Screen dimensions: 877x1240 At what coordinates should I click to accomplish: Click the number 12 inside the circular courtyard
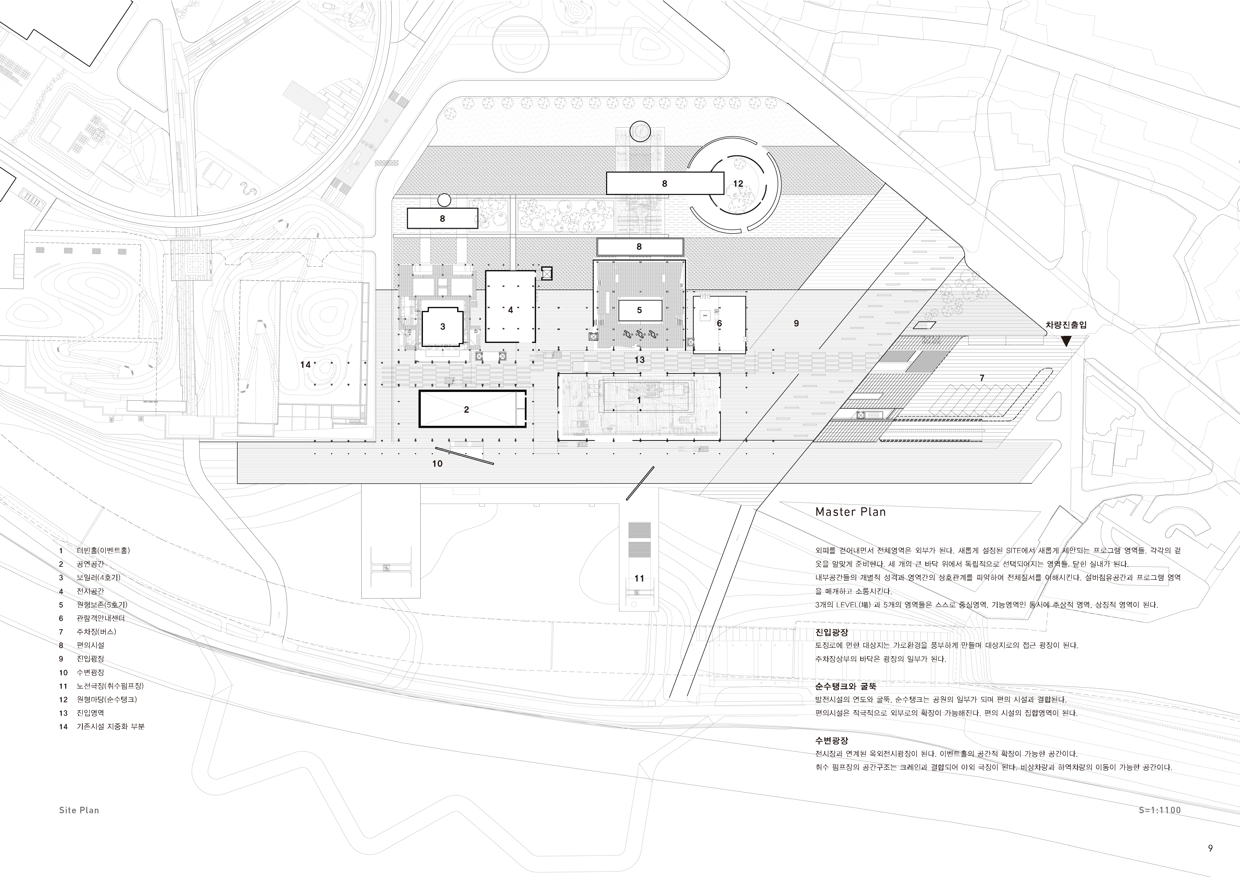pyautogui.click(x=738, y=183)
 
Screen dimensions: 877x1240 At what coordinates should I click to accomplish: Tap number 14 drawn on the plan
pyautogui.click(x=306, y=364)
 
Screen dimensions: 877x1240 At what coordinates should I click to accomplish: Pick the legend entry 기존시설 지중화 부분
pyautogui.click(x=110, y=726)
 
